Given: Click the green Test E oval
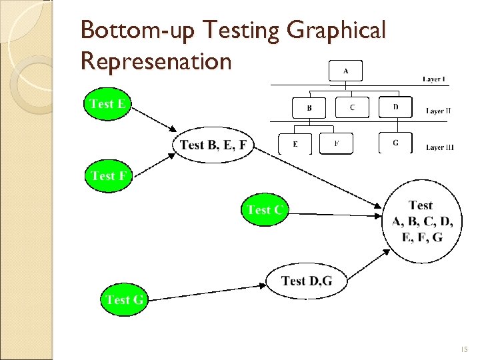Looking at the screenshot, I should [x=108, y=105].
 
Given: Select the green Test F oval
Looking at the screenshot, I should [x=108, y=177].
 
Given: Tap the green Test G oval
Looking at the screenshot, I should [x=125, y=299].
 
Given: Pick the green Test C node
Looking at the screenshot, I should [x=265, y=211].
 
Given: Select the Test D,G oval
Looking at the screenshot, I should [x=306, y=281].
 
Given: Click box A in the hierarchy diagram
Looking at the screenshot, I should [x=345, y=71].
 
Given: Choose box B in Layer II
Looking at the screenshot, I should [x=309, y=107].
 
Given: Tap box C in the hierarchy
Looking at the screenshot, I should [x=351, y=107].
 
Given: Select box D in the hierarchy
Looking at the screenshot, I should [x=395, y=107].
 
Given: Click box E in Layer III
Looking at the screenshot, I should [x=295, y=144].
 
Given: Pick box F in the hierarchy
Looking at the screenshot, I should [x=336, y=143].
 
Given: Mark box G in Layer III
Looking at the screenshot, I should [x=395, y=143].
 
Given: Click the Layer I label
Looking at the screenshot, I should [x=434, y=79].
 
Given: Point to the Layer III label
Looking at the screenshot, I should [x=439, y=147].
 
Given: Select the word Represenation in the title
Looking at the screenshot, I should [x=155, y=61].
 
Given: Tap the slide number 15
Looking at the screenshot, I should [x=464, y=348].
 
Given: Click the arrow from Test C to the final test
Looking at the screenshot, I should [x=337, y=214].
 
